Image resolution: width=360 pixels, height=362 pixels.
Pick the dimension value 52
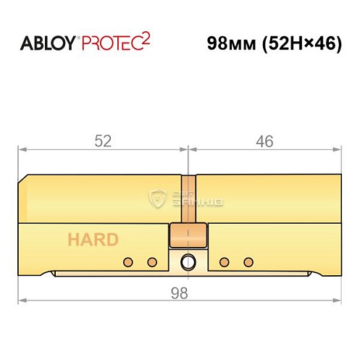pos(104,142)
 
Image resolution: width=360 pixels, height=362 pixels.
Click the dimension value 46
pos(264,142)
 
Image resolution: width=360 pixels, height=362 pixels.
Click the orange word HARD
pos(93,240)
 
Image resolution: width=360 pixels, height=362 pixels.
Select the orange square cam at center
pos(188,236)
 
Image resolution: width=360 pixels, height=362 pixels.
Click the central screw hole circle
pos(188,261)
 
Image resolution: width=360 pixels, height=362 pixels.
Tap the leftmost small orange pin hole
pos(127,261)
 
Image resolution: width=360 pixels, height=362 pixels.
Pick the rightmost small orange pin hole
pos(248,261)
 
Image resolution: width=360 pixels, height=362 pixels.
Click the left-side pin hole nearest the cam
pos(152,261)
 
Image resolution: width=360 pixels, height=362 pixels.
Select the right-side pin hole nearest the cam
pos(225,261)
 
